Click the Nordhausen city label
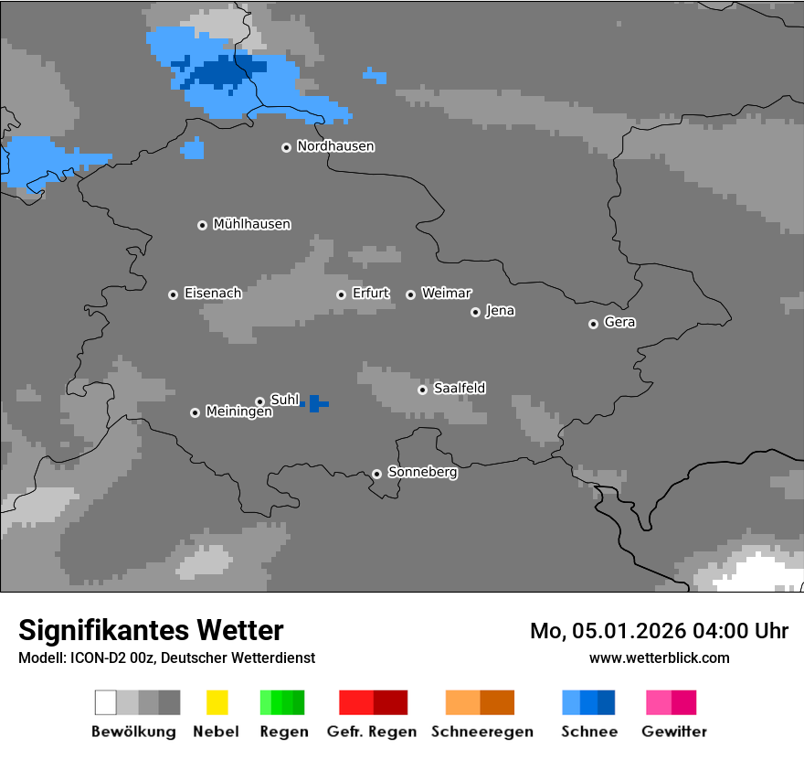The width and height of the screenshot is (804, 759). [335, 146]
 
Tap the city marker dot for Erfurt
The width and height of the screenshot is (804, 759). [341, 294]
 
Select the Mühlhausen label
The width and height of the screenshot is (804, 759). [251, 224]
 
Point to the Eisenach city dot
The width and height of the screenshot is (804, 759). [173, 294]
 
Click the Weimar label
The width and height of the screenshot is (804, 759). [446, 294]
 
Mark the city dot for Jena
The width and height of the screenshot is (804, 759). [475, 312]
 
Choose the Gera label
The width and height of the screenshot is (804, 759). [619, 323]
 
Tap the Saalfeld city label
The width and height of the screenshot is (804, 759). [459, 389]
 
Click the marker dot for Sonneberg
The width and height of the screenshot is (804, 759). [376, 474]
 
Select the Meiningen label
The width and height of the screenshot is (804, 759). [238, 412]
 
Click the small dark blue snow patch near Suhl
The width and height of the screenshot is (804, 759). [315, 403]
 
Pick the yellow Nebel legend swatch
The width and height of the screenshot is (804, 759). [217, 702]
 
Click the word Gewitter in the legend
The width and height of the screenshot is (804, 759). [673, 732]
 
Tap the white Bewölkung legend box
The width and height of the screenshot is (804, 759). [106, 702]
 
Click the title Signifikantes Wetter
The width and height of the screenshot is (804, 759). [151, 630]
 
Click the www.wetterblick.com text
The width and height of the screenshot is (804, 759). [659, 657]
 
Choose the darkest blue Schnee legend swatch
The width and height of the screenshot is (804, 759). [607, 702]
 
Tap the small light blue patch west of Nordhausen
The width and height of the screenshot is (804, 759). [193, 149]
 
